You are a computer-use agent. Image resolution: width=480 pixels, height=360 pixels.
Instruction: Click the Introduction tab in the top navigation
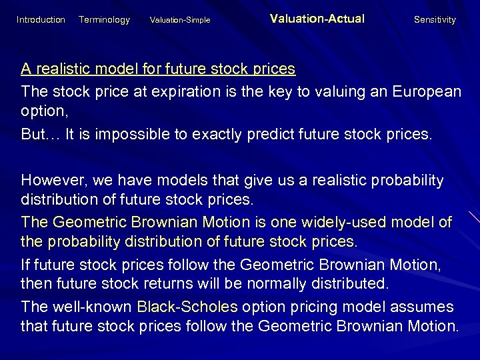coord(41,20)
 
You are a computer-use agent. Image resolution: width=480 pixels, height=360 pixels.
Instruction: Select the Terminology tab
coord(104,20)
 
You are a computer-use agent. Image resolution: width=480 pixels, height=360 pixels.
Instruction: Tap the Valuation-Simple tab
coord(180,20)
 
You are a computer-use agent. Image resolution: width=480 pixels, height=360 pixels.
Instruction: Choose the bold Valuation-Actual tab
coord(317,19)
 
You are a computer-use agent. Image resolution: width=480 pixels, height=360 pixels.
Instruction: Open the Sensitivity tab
coord(435,20)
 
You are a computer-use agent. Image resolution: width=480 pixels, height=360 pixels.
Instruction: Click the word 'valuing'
coord(327,91)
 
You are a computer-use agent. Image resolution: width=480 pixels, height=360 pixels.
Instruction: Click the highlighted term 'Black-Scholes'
coord(187,307)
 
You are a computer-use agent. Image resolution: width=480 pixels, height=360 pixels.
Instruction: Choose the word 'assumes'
coord(425,307)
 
